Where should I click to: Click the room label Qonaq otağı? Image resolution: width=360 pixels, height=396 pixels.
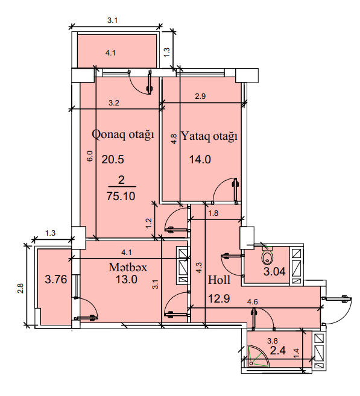[123, 135]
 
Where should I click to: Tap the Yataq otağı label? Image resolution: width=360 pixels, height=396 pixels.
[209, 137]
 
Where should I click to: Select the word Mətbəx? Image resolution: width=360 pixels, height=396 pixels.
[128, 267]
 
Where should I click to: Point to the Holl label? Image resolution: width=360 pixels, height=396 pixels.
[219, 280]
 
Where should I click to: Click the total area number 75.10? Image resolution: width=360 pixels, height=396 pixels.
[121, 196]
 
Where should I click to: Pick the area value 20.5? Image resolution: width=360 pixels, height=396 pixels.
[113, 160]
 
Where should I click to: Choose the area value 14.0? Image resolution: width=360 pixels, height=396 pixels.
[200, 160]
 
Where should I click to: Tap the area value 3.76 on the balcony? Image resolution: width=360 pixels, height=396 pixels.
[56, 280]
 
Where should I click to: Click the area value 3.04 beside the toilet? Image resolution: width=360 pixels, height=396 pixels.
[274, 271]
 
